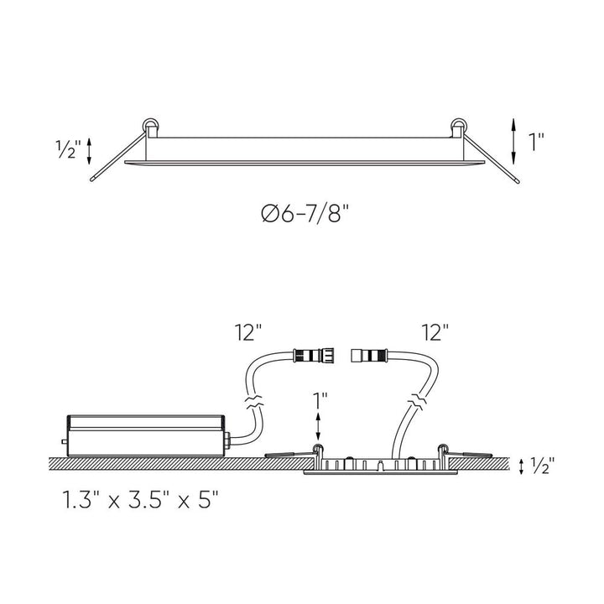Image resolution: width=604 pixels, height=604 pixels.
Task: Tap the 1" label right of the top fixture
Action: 536,142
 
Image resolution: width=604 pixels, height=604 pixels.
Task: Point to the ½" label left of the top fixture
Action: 68,149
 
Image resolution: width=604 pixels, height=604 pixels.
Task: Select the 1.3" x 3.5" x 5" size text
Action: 141,499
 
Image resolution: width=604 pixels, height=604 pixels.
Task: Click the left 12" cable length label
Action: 247,332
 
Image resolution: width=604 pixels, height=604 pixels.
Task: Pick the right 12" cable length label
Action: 435,332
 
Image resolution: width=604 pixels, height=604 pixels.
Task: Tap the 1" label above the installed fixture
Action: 320,401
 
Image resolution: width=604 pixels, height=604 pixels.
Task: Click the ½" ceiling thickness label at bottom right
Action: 543,466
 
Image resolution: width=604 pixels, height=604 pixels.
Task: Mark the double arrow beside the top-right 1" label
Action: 513,142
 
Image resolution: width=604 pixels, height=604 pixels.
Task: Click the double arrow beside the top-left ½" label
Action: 90,151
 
